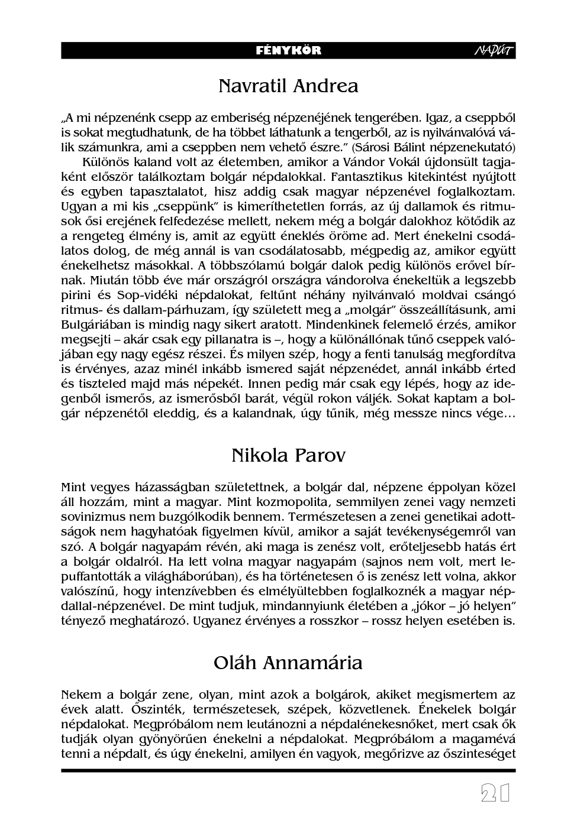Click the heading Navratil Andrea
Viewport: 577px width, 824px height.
(288, 86)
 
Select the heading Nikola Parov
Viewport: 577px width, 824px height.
(288, 456)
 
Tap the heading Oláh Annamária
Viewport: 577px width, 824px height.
(288, 663)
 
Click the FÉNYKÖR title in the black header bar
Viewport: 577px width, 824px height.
(288, 50)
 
